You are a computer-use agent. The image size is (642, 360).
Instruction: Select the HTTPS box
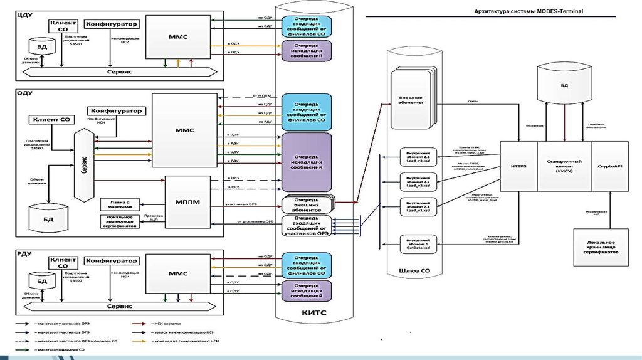[519, 166]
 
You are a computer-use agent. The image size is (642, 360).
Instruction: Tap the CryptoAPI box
[609, 166]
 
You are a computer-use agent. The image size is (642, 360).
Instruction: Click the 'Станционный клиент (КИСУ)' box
[564, 166]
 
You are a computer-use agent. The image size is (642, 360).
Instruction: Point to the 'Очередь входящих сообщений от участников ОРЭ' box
[307, 226]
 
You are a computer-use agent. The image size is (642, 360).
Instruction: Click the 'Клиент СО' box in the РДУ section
[63, 263]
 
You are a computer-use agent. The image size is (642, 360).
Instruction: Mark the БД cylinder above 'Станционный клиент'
[565, 85]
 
